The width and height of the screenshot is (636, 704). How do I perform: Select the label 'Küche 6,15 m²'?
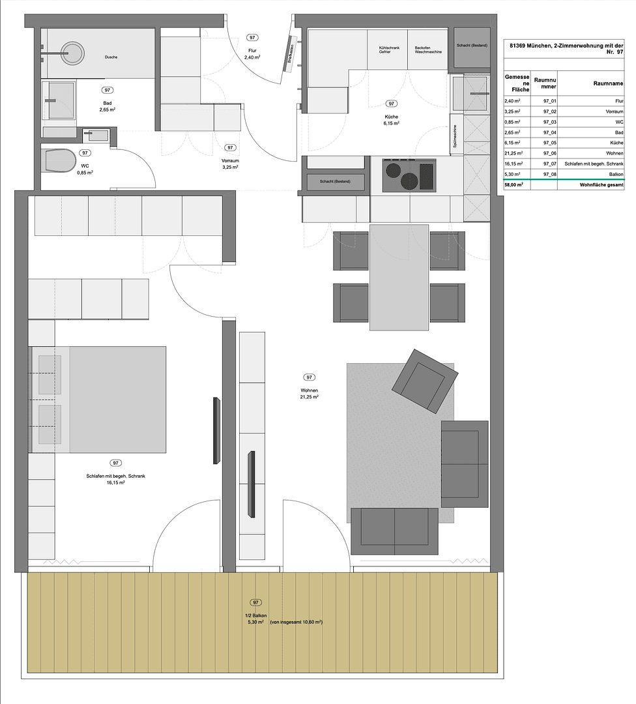click(x=391, y=119)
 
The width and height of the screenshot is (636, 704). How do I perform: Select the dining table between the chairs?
click(x=399, y=276)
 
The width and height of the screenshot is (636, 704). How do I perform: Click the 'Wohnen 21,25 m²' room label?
click(x=309, y=392)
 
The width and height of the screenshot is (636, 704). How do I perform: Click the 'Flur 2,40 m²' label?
click(x=252, y=54)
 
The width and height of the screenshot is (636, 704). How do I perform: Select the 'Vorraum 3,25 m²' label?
click(x=229, y=163)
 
